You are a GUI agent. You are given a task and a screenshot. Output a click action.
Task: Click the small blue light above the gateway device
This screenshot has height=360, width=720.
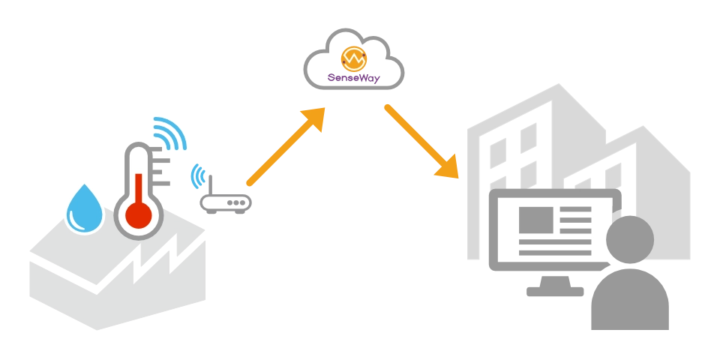click(197, 176)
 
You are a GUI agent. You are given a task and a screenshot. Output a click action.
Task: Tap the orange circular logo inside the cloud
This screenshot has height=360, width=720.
click(353, 58)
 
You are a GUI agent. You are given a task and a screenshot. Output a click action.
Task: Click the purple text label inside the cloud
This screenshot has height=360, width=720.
click(354, 77)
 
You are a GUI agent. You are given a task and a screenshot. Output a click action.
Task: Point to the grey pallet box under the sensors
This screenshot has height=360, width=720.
click(112, 277)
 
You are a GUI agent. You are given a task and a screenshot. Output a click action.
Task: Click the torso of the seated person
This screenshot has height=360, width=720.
click(630, 300)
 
